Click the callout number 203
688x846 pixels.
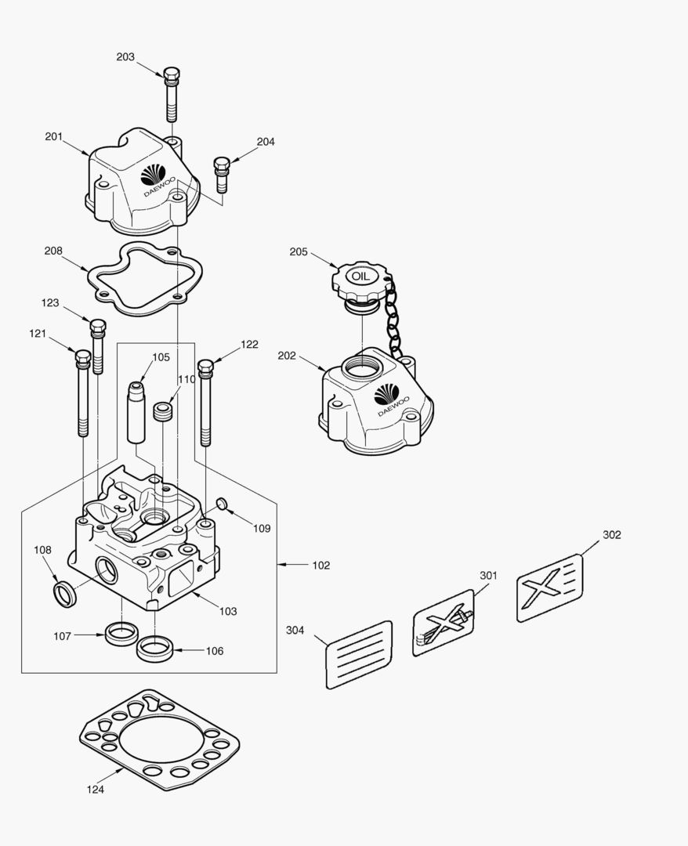pyautogui.click(x=125, y=57)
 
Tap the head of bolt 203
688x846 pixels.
pyautogui.click(x=172, y=75)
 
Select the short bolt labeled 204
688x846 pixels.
pyautogui.click(x=222, y=174)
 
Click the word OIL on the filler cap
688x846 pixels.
pyautogui.click(x=360, y=277)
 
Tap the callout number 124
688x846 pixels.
pyautogui.click(x=95, y=790)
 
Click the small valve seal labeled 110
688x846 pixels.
pyautogui.click(x=162, y=411)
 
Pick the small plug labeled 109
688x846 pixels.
pyautogui.click(x=221, y=504)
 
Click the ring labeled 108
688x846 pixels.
pyautogui.click(x=65, y=594)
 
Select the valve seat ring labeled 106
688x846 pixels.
pyautogui.click(x=154, y=649)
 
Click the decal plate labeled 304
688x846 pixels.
pyautogui.click(x=359, y=654)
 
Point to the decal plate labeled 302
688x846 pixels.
pyautogui.click(x=549, y=587)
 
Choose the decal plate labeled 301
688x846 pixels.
pyautogui.click(x=443, y=623)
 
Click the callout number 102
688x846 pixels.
pyautogui.click(x=321, y=566)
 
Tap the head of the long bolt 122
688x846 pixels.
pyautogui.click(x=205, y=367)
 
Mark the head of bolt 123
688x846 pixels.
pyautogui.click(x=97, y=326)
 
